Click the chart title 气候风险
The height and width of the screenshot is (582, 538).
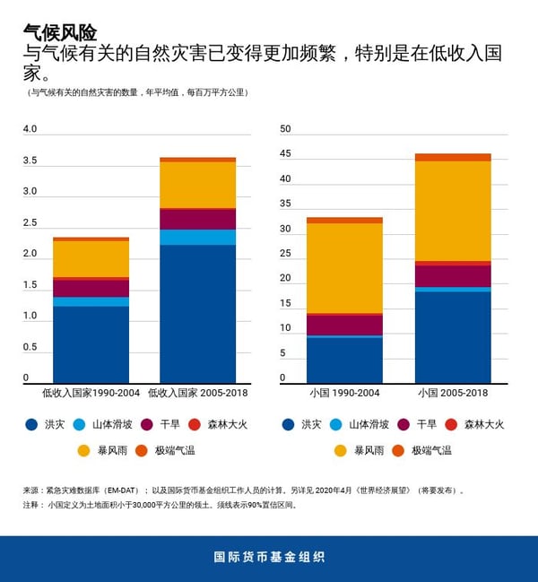(x=60, y=33)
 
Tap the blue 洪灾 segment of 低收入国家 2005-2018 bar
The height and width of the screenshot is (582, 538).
(x=197, y=313)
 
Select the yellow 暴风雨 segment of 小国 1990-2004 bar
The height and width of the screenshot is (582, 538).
(x=344, y=267)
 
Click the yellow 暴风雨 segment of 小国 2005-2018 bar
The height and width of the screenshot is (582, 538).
(x=453, y=211)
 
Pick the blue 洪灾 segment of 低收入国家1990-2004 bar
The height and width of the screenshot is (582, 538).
(x=91, y=344)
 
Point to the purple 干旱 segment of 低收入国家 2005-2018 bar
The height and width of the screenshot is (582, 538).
(x=197, y=219)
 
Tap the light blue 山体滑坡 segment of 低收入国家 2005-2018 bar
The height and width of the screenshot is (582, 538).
(x=197, y=237)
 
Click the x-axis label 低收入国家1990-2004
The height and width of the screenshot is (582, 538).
(x=91, y=393)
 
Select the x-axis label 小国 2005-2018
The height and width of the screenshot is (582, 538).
(x=453, y=393)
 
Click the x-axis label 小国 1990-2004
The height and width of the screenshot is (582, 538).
(x=344, y=393)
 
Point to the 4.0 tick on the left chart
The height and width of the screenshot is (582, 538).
(x=30, y=129)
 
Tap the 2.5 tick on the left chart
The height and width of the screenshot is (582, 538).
(x=30, y=222)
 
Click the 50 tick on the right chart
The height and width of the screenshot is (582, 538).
(x=286, y=129)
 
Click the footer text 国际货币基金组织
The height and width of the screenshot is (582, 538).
(x=269, y=557)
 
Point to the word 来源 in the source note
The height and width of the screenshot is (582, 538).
(x=31, y=491)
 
